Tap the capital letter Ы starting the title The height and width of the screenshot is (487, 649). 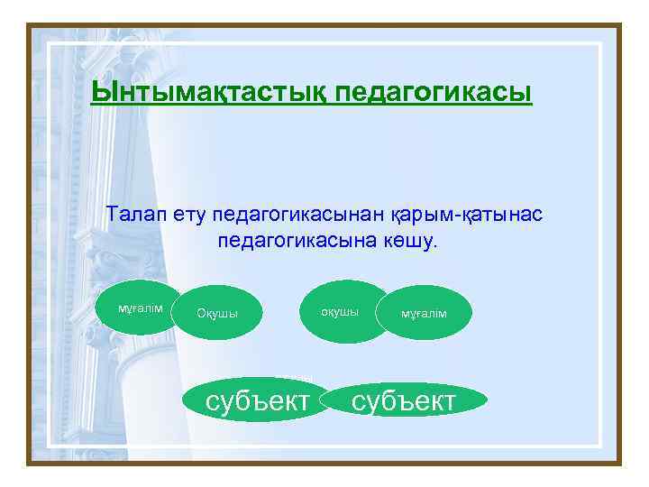click(102, 93)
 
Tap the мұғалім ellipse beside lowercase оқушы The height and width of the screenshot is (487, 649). click(424, 314)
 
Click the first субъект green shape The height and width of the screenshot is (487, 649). click(258, 400)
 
